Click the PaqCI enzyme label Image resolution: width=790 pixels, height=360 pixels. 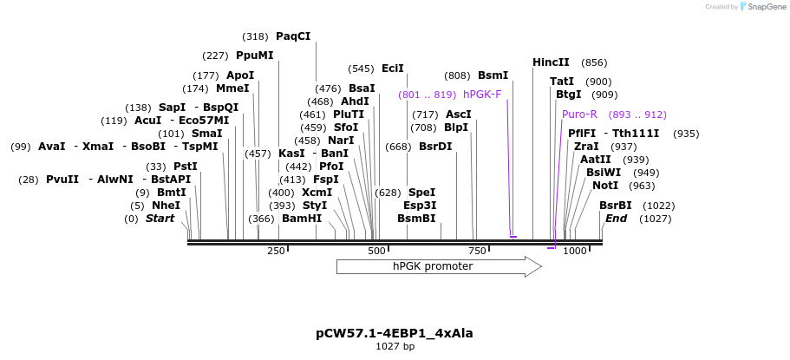point(293,36)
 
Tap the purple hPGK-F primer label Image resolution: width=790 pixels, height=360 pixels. point(482,95)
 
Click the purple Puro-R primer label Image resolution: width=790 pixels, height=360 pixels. point(579,115)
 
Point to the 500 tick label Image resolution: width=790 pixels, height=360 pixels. point(376,252)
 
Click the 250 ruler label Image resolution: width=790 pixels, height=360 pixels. point(276,252)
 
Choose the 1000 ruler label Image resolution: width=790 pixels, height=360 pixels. point(575,252)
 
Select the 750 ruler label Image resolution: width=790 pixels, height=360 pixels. point(477,252)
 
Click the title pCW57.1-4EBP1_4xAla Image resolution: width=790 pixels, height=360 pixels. point(395,333)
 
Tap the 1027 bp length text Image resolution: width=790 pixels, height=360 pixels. point(395,347)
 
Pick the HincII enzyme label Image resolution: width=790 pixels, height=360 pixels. point(551,62)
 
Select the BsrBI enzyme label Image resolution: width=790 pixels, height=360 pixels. point(616,206)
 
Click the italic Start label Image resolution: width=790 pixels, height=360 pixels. point(160,219)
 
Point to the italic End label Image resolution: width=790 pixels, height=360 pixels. point(616,219)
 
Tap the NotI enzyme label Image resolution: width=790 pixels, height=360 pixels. point(605,186)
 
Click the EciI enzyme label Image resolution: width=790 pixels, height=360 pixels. point(393,69)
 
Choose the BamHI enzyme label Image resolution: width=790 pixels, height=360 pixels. point(302,219)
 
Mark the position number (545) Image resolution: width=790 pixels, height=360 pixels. point(361,69)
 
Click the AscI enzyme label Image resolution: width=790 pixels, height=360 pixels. point(459,115)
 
